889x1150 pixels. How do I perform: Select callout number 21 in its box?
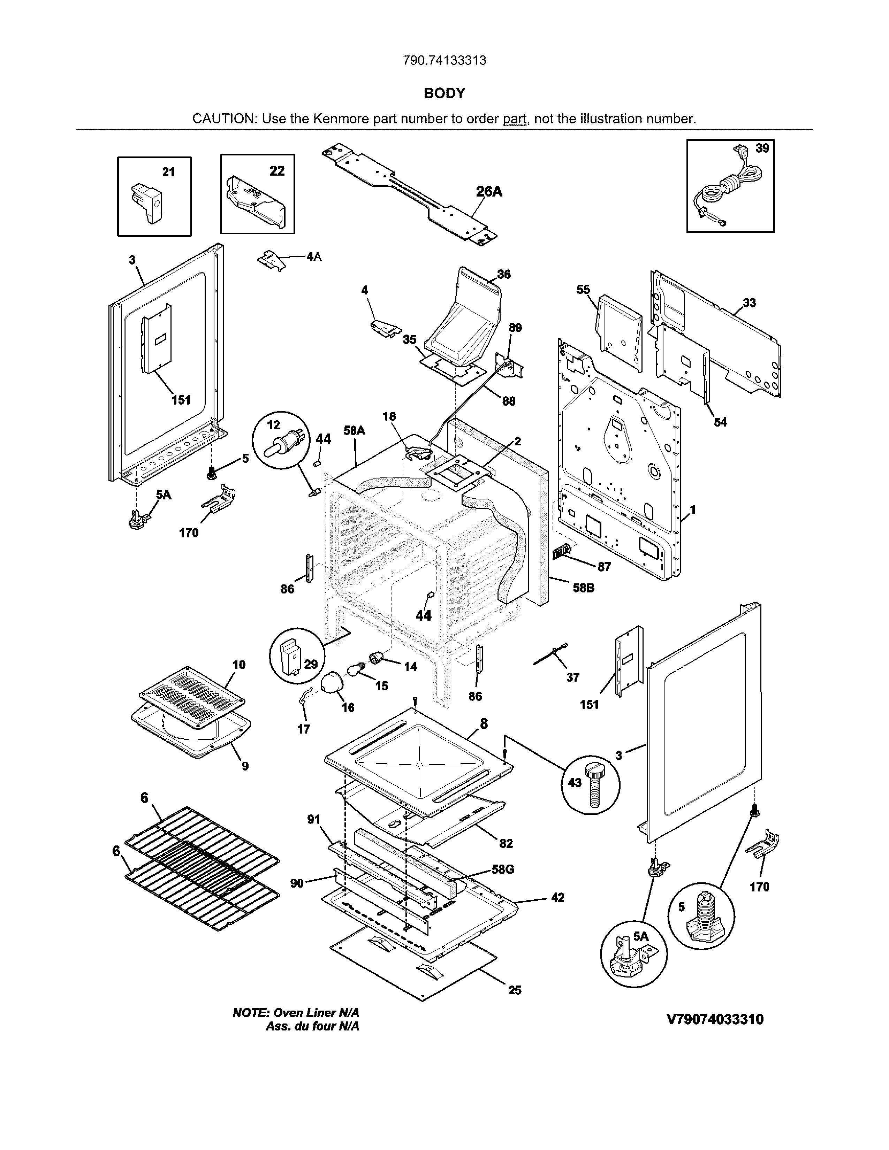pyautogui.click(x=168, y=172)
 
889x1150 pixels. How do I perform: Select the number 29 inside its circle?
pyautogui.click(x=311, y=664)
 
